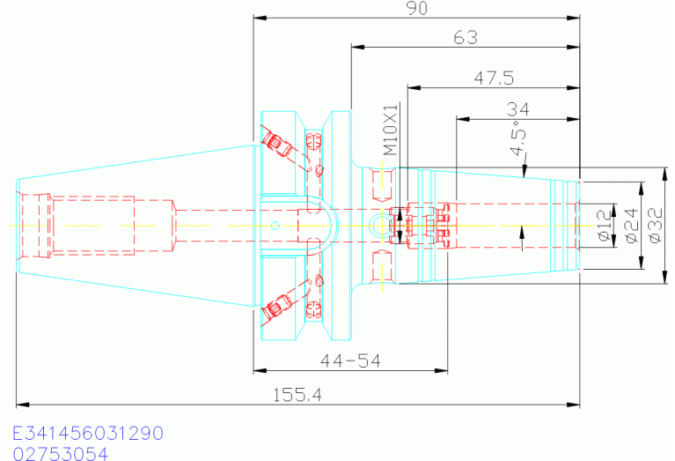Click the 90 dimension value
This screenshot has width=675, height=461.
[x=417, y=8]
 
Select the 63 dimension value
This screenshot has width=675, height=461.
[x=466, y=38]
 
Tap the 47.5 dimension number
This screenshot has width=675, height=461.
[x=495, y=78]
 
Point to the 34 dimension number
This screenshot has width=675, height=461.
[x=517, y=109]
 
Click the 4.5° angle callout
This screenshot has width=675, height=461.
[x=518, y=137]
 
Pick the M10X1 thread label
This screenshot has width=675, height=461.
[x=390, y=130]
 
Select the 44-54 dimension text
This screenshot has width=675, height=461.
[x=350, y=361]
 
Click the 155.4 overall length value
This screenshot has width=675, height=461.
[x=297, y=395]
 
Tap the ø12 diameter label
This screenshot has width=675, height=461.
[x=604, y=225]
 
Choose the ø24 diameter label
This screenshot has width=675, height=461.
[x=631, y=226]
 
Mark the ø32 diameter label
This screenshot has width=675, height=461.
[x=655, y=226]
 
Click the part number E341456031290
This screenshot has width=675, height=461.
[x=88, y=433]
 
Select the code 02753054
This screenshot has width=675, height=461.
[x=60, y=454]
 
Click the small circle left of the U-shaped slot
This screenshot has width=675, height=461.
[x=275, y=225]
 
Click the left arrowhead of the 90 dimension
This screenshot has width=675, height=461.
[x=260, y=18]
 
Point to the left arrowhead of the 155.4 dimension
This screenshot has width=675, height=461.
[x=23, y=405]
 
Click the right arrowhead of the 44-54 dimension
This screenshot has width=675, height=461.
[x=441, y=370]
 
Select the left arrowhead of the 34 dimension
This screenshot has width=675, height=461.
[x=463, y=119]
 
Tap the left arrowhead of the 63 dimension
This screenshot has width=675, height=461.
[x=358, y=47]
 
